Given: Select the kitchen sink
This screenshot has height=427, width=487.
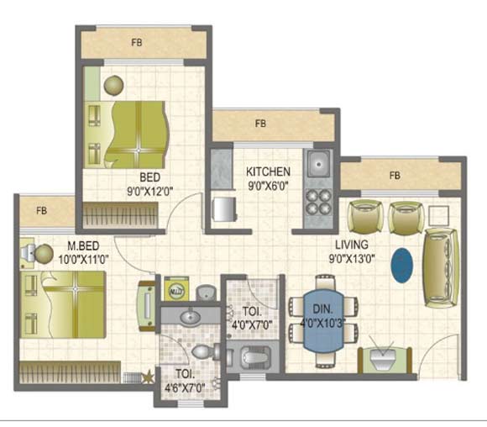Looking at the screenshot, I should coord(319,162).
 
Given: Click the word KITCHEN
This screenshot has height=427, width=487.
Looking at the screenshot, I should coord(269,171).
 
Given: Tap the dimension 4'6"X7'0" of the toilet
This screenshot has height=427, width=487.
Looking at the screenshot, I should coord(185,387).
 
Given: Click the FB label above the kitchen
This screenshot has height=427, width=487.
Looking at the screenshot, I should coord(261,124).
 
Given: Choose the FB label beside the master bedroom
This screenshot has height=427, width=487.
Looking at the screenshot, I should coord(40,210).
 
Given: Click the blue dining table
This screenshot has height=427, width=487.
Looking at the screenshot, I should coord(322,323).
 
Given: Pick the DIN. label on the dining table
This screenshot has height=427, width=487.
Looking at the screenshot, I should coord(323,308).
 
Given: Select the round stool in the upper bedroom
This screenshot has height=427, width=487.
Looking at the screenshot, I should coord(113,84).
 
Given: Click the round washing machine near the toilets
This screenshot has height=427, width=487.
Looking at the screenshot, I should coord(177,290).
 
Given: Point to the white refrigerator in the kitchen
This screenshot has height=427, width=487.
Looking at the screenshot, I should coord(222,208).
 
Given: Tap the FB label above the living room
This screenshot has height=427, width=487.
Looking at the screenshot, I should coord(394,176).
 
